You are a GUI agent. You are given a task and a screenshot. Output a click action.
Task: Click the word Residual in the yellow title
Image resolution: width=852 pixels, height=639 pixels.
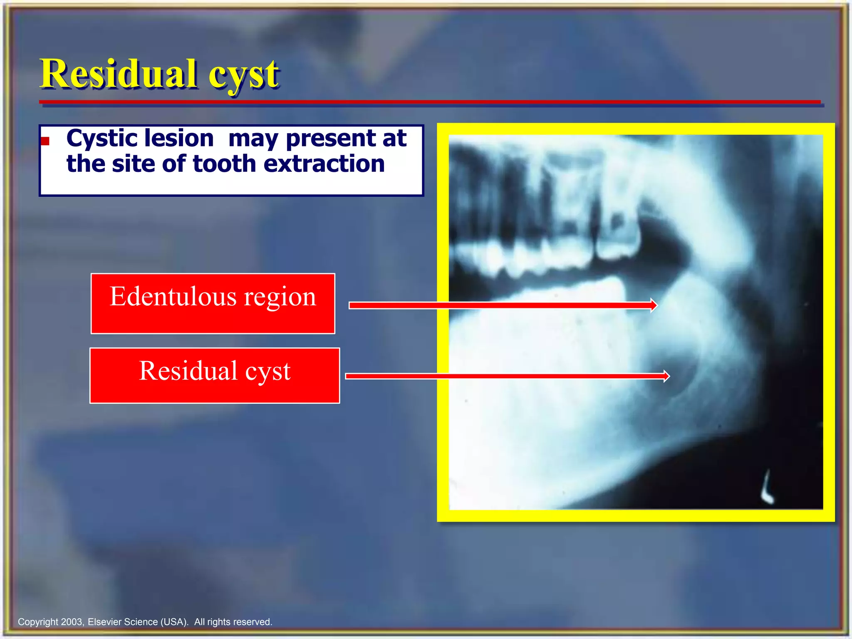pos(119,74)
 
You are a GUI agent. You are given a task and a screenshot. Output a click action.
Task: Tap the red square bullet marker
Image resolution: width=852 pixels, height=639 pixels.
pos(45,141)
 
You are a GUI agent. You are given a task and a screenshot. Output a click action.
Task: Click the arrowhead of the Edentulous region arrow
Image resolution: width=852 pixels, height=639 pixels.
pos(654,305)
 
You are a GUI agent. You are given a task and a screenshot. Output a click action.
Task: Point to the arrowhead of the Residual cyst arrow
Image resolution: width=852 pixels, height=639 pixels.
pos(666,376)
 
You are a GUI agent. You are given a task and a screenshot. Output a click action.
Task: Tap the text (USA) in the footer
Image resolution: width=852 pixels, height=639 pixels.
pos(174,622)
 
